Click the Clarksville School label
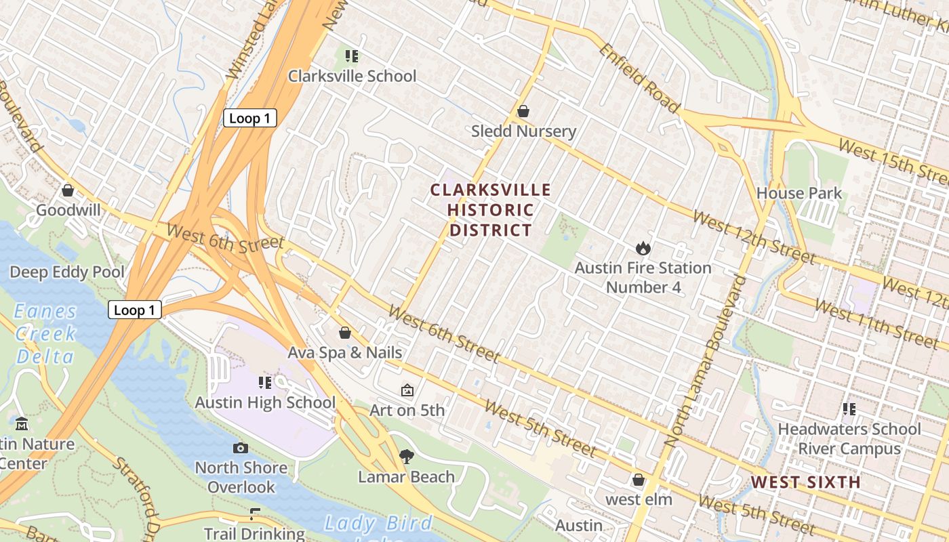tap(352, 76)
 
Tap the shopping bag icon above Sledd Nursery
tap(523, 111)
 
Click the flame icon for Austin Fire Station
tap(643, 249)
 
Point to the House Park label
tap(799, 193)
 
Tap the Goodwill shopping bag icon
tap(68, 191)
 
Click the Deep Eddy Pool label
tap(66, 272)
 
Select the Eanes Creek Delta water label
tap(45, 333)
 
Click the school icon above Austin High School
tap(265, 383)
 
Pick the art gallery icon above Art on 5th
tap(407, 390)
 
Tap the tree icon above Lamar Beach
tap(406, 457)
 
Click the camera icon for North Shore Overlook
tap(241, 448)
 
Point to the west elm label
tap(639, 500)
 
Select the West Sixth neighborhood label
tap(805, 482)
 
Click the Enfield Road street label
tap(638, 79)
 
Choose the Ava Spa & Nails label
tap(344, 352)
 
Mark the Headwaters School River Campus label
tap(849, 438)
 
